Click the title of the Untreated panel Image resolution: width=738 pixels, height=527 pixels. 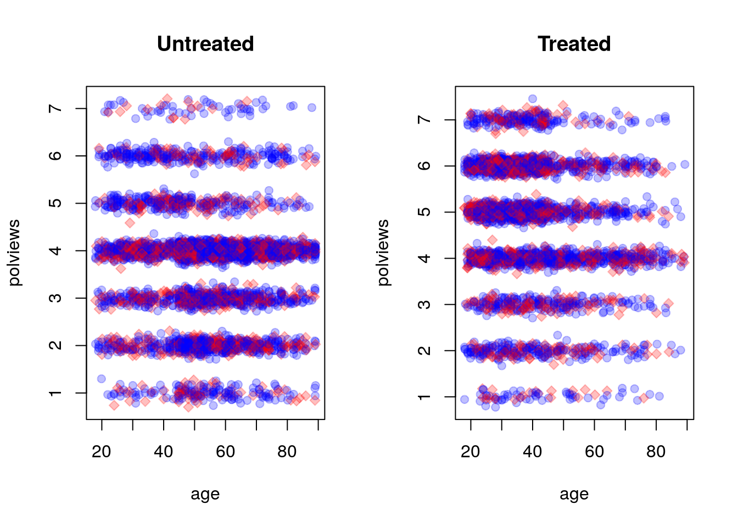pos(205,44)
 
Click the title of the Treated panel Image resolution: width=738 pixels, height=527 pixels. pos(574,44)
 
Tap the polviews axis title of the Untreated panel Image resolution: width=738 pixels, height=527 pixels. pos(14,253)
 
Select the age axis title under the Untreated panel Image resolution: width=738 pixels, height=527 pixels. pos(205,494)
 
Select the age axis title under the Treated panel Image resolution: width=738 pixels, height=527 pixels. pos(574,494)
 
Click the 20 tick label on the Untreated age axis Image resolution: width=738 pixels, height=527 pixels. pos(102,452)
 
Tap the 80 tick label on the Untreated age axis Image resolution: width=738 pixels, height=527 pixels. pos(287,452)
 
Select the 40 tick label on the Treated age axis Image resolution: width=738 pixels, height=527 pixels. pos(532,452)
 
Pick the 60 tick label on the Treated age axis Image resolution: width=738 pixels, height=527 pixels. pos(594,452)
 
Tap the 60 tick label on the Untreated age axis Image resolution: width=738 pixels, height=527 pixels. pos(225,452)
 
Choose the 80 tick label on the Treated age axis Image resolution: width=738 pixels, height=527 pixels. pos(656,452)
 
